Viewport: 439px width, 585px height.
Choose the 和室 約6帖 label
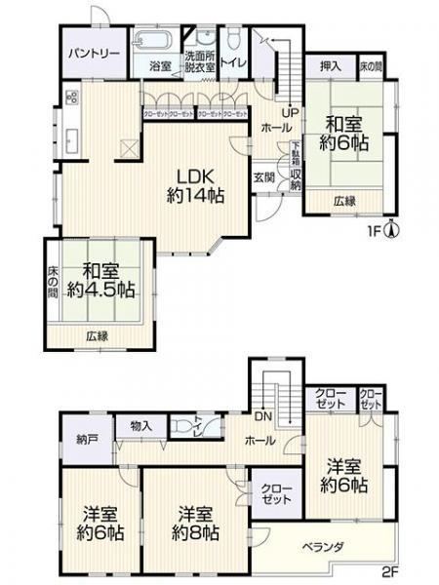[x=345, y=135]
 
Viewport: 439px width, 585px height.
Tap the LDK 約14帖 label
[x=195, y=185]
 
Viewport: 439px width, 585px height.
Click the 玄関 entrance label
[x=263, y=177]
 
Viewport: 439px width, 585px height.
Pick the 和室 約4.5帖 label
[x=95, y=281]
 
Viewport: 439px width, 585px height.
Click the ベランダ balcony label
[x=322, y=547]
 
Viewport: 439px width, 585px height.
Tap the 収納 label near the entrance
[x=295, y=179]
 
